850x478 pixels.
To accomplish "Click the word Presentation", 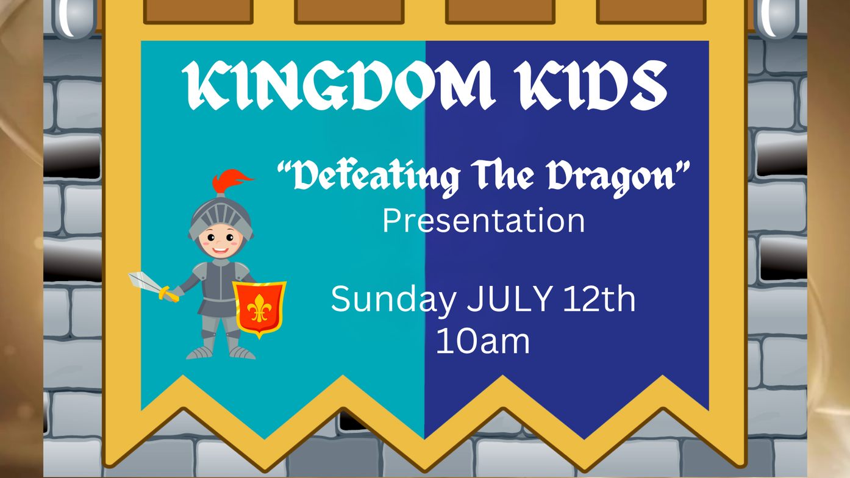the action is tap(484, 221).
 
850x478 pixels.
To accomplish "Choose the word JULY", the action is tap(510, 299).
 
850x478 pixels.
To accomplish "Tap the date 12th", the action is tap(599, 299).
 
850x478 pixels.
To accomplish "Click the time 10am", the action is tap(483, 341).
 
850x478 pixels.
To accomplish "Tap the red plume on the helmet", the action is tap(230, 180).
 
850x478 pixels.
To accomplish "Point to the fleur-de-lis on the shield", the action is tap(259, 308).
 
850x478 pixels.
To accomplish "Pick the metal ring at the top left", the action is tap(75, 18).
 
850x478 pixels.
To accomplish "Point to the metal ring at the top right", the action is tap(776, 18).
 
